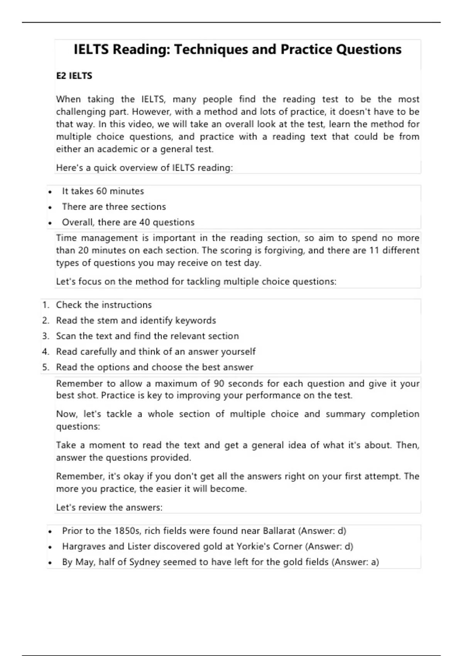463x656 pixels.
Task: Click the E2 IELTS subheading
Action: coord(74,76)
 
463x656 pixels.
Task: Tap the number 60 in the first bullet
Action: coord(101,191)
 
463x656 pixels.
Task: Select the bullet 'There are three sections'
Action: coord(114,207)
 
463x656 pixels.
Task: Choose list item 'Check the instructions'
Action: coord(104,305)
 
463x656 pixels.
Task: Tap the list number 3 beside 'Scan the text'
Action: coord(46,336)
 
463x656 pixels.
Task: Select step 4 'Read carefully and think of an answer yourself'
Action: coord(155,352)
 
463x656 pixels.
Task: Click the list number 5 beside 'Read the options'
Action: coord(46,367)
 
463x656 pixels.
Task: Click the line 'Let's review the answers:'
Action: coord(109,507)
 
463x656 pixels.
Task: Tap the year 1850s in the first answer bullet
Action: coord(127,531)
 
